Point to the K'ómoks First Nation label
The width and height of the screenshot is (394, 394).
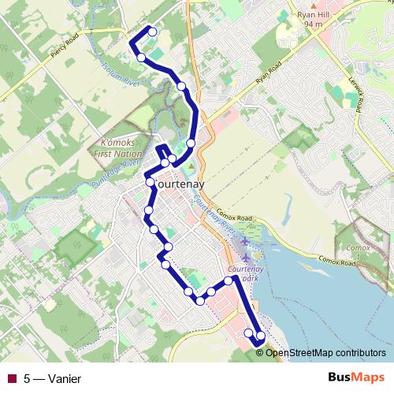(x=118, y=148)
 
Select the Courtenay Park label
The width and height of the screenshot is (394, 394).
(x=249, y=273)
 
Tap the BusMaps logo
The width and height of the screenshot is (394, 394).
(x=355, y=378)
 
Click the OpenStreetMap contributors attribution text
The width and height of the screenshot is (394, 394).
(x=325, y=353)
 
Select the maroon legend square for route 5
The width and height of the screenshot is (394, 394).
(x=11, y=378)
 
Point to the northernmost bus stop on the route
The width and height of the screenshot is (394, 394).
(x=152, y=32)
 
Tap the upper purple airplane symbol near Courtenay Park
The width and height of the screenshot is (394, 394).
(x=245, y=240)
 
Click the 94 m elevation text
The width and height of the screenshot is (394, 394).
(x=314, y=24)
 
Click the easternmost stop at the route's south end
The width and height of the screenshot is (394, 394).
(x=261, y=336)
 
